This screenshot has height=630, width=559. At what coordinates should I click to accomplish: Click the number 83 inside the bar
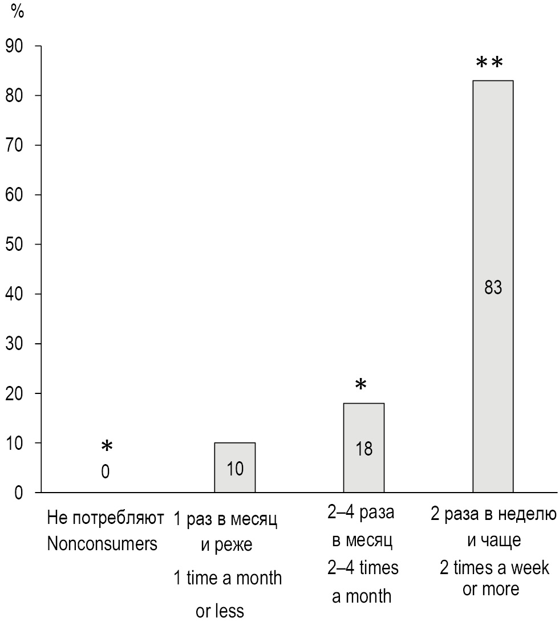[x=493, y=288]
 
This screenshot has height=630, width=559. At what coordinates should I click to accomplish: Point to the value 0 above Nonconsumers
[x=106, y=472]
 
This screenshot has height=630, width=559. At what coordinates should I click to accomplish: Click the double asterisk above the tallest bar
[x=489, y=62]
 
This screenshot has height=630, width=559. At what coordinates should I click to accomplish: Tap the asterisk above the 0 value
[x=107, y=446]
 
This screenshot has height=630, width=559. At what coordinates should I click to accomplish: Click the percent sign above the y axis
[x=18, y=13]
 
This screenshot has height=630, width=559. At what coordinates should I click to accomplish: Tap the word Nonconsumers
[x=102, y=544]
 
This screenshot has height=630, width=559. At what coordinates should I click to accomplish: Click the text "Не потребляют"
[x=106, y=519]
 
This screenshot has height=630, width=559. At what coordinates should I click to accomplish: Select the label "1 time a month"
[x=228, y=578]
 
